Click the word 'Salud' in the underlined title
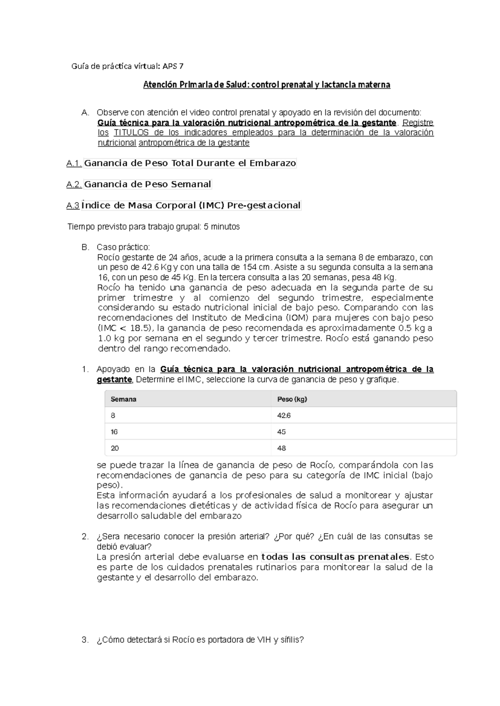237,85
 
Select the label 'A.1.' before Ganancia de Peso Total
74,164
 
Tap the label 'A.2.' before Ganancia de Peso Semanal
74,184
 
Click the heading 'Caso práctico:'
123,247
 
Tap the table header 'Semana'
123,399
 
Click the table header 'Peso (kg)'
292,399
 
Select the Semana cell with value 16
114,432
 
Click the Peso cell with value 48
281,448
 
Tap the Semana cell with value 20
115,448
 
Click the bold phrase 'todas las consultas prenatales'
335,557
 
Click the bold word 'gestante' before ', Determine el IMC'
114,380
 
